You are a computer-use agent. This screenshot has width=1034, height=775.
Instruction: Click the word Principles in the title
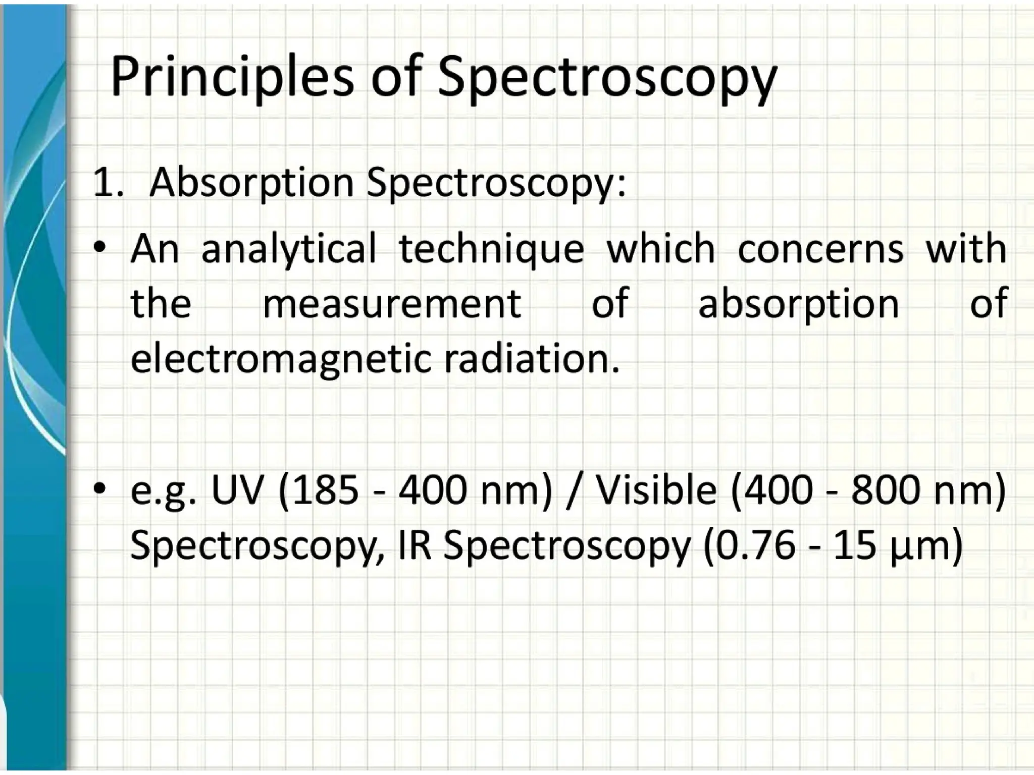click(232, 77)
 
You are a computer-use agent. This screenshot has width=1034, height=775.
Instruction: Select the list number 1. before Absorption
click(108, 183)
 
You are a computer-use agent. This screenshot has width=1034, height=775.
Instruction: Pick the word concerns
click(820, 249)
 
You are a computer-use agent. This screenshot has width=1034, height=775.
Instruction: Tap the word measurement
click(392, 304)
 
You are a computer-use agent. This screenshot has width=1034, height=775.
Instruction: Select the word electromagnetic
click(281, 359)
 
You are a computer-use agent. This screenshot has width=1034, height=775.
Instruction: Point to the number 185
click(323, 490)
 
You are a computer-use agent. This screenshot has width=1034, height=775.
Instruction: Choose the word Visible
click(656, 490)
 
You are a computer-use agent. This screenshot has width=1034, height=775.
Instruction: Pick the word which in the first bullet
click(661, 249)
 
